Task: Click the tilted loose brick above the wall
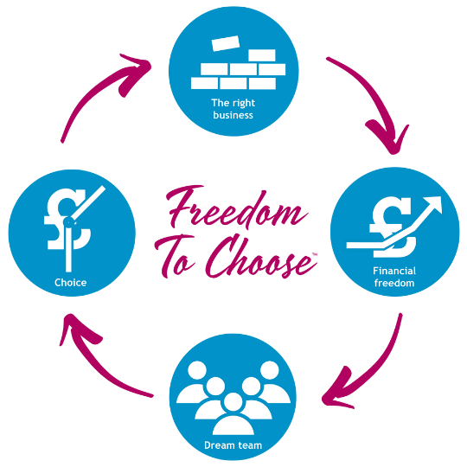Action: click(x=226, y=43)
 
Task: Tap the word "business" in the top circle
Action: click(x=233, y=115)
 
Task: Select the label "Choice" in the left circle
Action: click(x=71, y=282)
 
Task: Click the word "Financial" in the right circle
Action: click(x=394, y=271)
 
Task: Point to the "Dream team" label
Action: click(x=233, y=445)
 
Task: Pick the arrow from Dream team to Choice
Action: click(x=95, y=367)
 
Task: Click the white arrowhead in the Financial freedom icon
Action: click(x=433, y=204)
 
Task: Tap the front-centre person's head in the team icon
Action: click(x=233, y=402)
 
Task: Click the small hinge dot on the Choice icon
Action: click(x=69, y=222)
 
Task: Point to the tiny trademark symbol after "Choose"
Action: click(x=315, y=254)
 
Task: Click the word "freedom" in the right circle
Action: click(x=394, y=283)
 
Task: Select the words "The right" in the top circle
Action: click(x=233, y=103)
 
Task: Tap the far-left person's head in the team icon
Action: click(x=197, y=370)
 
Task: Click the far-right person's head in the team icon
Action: click(x=270, y=370)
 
